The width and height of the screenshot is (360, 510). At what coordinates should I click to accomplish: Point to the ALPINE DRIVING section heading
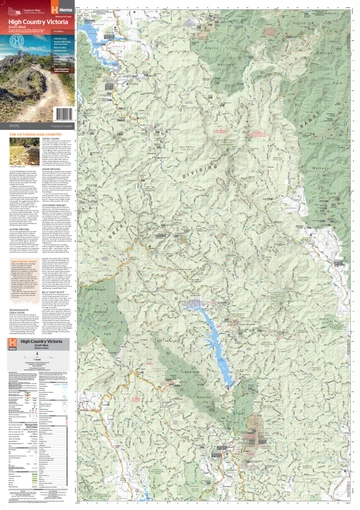[x=22, y=228]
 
